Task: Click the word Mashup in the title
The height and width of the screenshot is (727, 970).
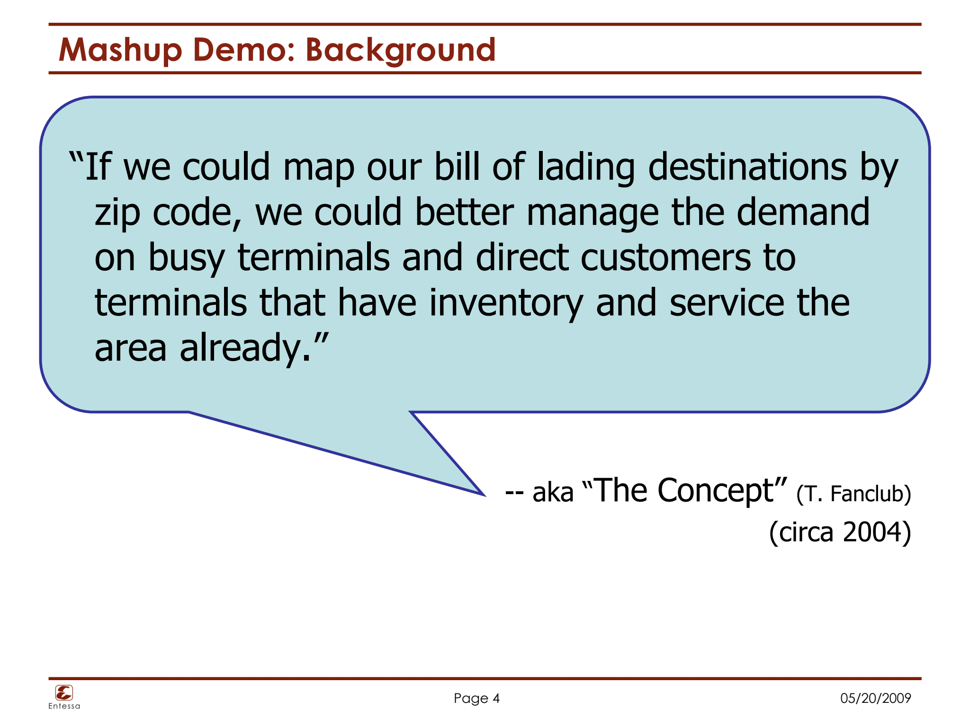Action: click(x=120, y=50)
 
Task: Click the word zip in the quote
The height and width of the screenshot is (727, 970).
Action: click(x=117, y=213)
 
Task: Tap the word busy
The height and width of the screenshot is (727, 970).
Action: click(x=186, y=258)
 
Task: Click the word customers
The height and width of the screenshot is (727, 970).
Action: click(x=665, y=257)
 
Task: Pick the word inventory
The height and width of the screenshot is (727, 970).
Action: click(x=506, y=303)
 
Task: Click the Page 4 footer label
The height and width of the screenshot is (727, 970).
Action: click(x=476, y=698)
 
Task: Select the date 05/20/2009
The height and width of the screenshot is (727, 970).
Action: click(x=875, y=698)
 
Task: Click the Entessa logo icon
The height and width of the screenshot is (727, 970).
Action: click(x=64, y=693)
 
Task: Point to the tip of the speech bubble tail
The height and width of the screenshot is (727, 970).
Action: click(x=484, y=495)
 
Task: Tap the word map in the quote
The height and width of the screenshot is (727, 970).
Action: click(x=318, y=168)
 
